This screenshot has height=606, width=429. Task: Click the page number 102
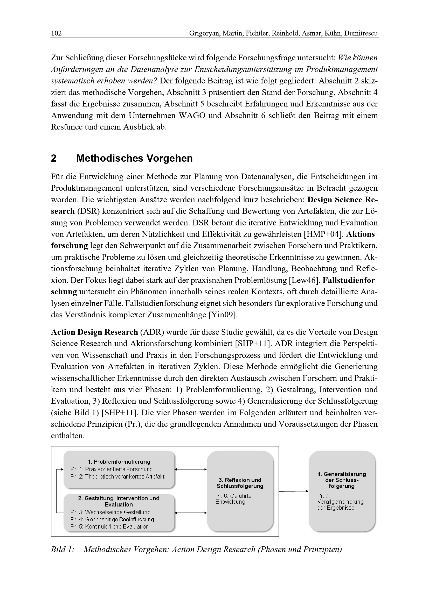(x=56, y=33)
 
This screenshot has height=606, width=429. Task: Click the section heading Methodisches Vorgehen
(x=134, y=158)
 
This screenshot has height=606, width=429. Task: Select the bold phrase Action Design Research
(x=95, y=332)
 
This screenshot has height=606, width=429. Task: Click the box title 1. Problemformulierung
(x=119, y=462)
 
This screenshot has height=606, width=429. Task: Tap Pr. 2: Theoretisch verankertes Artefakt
(x=117, y=476)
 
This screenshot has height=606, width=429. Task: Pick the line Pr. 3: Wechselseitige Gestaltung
(x=110, y=512)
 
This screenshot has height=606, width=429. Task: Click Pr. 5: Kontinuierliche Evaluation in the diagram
(x=109, y=526)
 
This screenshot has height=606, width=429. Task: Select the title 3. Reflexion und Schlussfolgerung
(x=240, y=483)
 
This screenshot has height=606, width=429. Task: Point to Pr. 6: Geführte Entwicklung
(x=233, y=499)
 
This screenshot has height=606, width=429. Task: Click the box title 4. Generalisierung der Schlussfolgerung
(x=342, y=480)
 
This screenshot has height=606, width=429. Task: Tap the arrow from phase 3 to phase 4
(x=293, y=491)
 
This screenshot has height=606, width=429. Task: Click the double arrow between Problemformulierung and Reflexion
(x=190, y=469)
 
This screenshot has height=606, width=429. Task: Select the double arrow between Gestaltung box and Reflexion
(x=190, y=512)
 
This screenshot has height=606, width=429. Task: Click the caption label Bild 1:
(x=63, y=549)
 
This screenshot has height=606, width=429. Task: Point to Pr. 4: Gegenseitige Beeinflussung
(x=112, y=519)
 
